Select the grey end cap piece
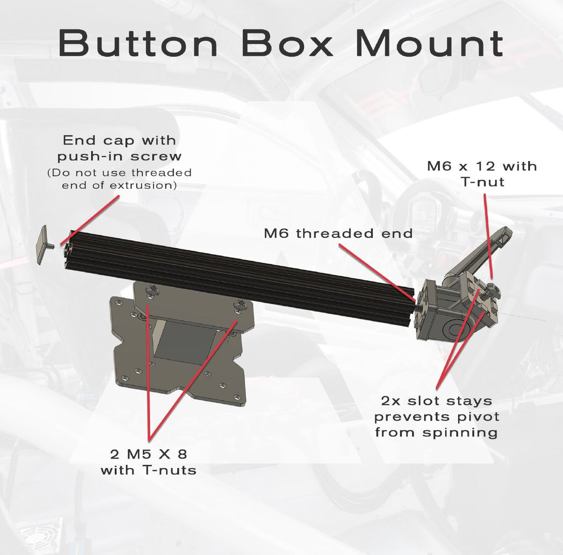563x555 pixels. tap(42, 245)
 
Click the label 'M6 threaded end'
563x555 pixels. tap(338, 233)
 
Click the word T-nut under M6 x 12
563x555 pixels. tap(483, 182)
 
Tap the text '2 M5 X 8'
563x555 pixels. tap(149, 454)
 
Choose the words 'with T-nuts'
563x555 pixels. tap(149, 470)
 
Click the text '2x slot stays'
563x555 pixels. tap(437, 401)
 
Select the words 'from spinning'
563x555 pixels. tap(437, 432)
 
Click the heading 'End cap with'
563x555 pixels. tap(119, 140)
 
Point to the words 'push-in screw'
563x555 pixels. tap(119, 156)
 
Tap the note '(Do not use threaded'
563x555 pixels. tap(119, 172)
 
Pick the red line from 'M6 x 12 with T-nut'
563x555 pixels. tap(488, 236)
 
